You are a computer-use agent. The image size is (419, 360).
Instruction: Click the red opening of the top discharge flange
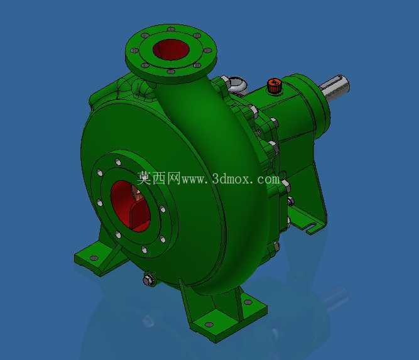pyautogui.click(x=171, y=50)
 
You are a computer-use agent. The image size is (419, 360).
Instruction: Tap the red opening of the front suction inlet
pyautogui.click(x=130, y=206)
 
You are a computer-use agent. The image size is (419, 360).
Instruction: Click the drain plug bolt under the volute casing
pyautogui.click(x=149, y=280)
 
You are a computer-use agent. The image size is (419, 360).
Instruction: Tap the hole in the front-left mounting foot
pyautogui.click(x=94, y=258)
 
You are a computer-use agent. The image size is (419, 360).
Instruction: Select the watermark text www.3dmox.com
pyautogui.click(x=231, y=179)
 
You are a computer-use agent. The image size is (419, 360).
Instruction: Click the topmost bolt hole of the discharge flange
pyautogui.click(x=171, y=29)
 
